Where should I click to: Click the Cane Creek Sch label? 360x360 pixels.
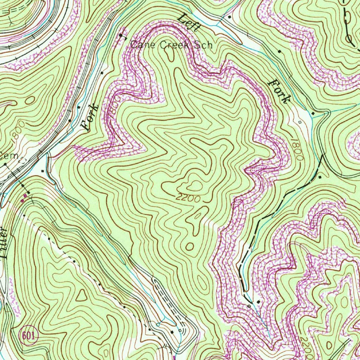tap(172, 45)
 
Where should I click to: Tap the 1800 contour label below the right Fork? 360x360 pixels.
tap(297, 149)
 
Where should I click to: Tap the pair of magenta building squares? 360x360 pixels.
tap(24, 197)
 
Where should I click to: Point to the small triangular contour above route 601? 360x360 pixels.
tap(82, 296)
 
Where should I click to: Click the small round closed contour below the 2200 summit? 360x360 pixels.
tap(189, 246)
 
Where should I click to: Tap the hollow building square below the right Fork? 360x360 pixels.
tap(300, 122)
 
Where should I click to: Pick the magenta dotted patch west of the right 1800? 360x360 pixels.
tap(252, 170)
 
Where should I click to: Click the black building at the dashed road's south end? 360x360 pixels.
tap(259, 302)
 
